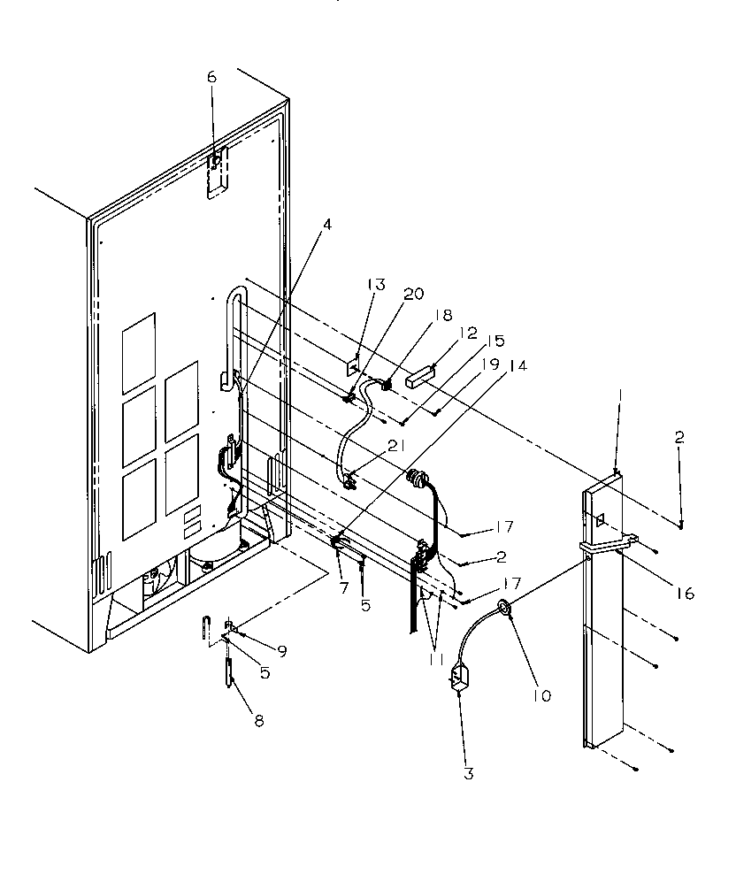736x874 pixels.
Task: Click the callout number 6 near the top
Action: pos(211,77)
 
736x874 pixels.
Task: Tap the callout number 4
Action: pos(327,225)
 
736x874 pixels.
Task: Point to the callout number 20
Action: pos(414,296)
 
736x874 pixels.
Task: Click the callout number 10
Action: pos(541,696)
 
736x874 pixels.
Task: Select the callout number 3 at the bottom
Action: pos(468,774)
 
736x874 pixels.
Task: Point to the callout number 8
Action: pos(258,721)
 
